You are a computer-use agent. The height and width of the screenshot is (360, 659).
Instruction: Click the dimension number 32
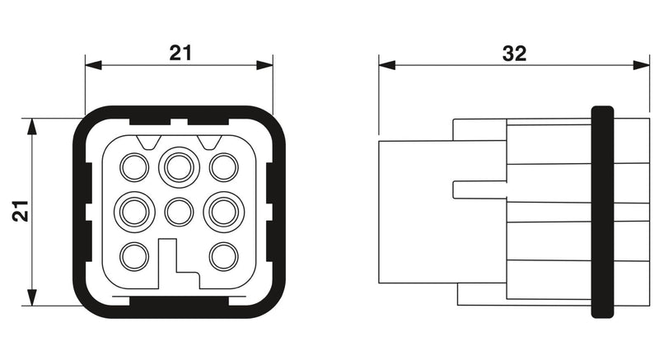point(514,54)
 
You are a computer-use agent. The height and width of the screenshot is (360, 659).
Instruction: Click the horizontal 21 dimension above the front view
point(180,53)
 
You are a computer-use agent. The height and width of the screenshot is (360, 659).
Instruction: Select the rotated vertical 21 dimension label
point(20,211)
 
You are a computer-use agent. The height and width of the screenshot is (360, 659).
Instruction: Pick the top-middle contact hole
point(179,167)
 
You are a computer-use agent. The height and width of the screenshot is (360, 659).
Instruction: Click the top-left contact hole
point(134,167)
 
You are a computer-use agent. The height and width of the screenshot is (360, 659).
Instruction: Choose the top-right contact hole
point(223,167)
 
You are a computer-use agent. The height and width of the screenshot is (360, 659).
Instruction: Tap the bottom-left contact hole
point(134,257)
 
